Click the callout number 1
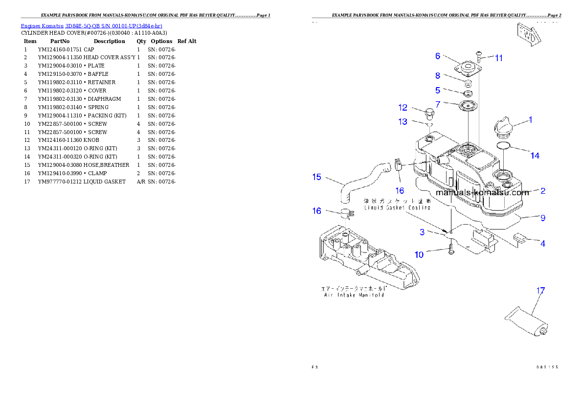[x=531, y=119]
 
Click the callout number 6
[x=438, y=56]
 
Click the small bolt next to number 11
[x=479, y=55]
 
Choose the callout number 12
[x=403, y=107]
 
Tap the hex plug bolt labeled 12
[x=429, y=114]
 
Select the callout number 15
[x=317, y=177]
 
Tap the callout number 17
[x=540, y=291]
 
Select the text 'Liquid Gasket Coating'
[x=397, y=207]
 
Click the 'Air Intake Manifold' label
[x=354, y=295]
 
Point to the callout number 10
[x=419, y=254]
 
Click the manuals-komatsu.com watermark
[x=482, y=192]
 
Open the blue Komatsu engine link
[x=91, y=25]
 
